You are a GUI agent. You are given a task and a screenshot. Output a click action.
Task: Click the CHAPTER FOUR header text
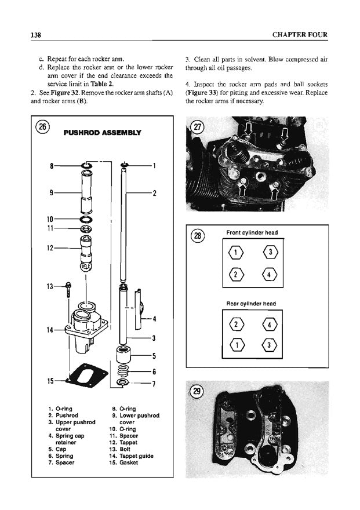point(299,35)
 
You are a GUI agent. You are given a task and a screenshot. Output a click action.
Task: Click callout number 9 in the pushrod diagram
point(52,192)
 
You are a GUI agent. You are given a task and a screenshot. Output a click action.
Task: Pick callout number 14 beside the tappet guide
point(50,330)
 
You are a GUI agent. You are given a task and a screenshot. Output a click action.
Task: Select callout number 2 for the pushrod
point(155,193)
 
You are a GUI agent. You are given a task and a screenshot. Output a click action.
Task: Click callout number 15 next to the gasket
point(50,381)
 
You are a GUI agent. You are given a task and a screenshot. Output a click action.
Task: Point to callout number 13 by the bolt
point(50,286)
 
